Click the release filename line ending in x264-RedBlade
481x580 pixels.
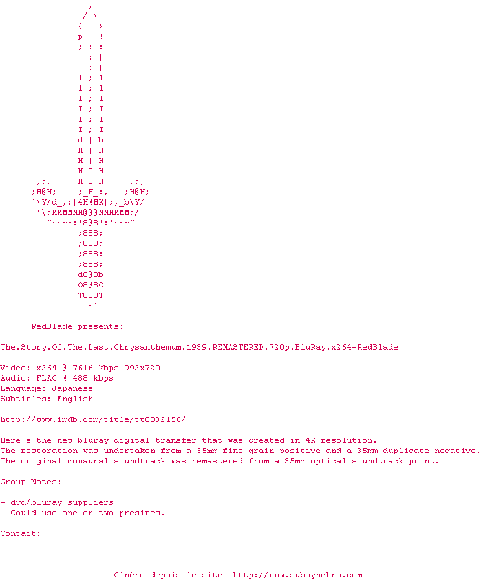[x=199, y=347]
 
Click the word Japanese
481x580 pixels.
[x=72, y=388]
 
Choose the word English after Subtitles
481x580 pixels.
[x=75, y=399]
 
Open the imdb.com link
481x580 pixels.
[x=93, y=419]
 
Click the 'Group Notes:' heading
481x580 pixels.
[x=31, y=482]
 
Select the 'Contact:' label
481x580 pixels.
[x=21, y=533]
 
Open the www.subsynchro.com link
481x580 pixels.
[x=297, y=575]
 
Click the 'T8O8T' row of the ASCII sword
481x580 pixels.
[x=91, y=295]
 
